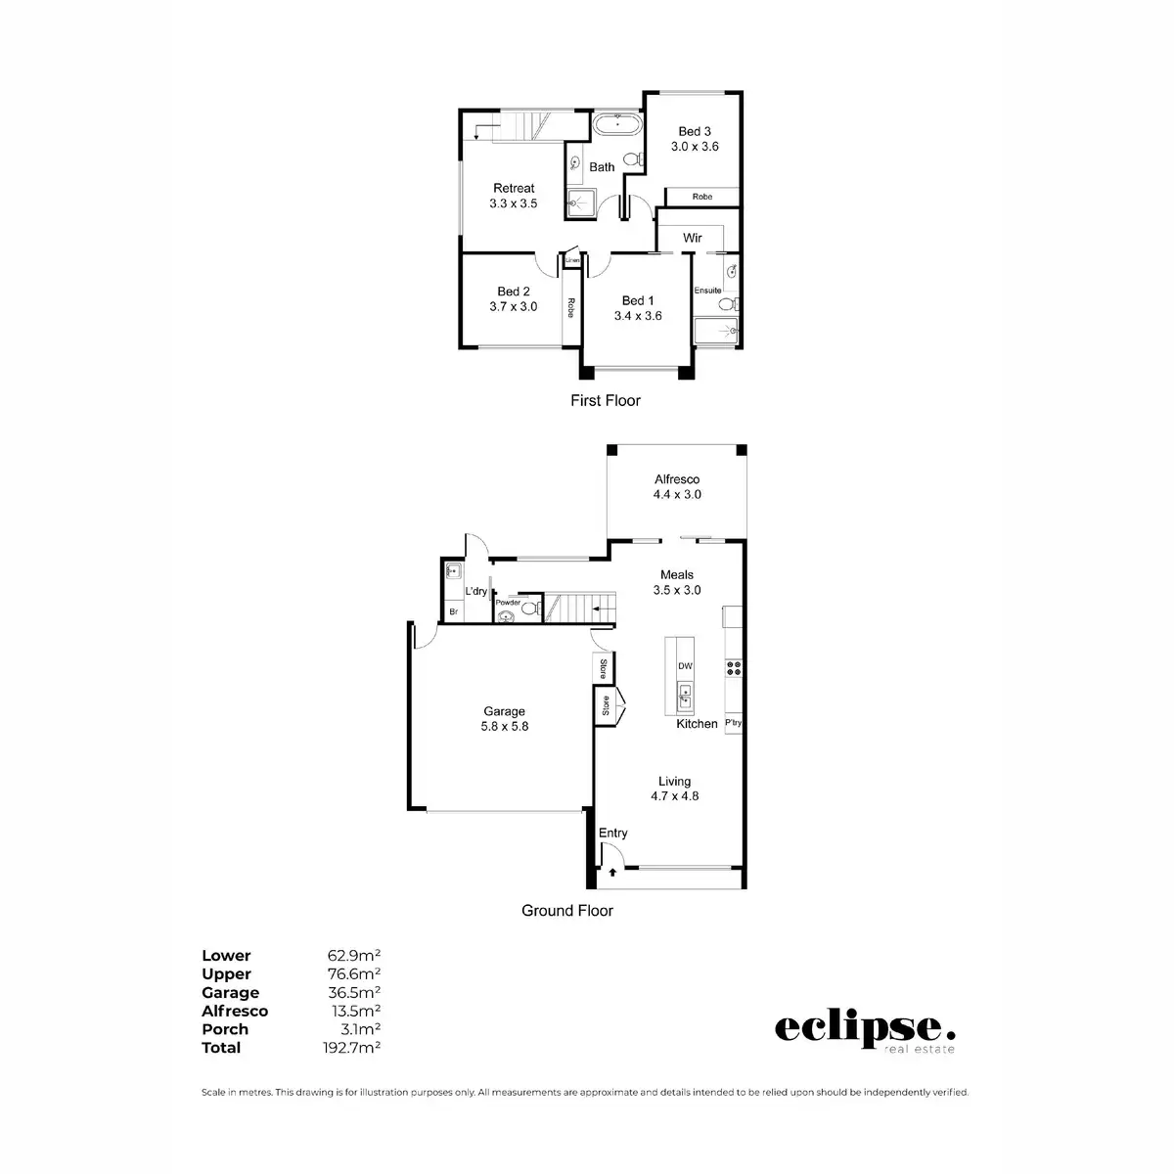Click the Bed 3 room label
click(x=695, y=131)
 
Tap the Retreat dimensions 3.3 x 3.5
click(x=514, y=203)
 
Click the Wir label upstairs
click(x=693, y=238)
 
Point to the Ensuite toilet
click(x=726, y=304)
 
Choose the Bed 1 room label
click(x=638, y=300)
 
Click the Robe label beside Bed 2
click(x=568, y=307)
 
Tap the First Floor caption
click(x=606, y=400)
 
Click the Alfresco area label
click(x=677, y=479)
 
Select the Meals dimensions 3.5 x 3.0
click(x=677, y=590)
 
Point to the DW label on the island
click(x=685, y=666)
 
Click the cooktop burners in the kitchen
click(x=733, y=668)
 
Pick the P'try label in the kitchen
click(x=733, y=724)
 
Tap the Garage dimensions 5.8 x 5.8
click(x=505, y=727)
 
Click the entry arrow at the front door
click(x=612, y=870)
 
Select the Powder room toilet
click(x=527, y=609)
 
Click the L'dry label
click(x=476, y=591)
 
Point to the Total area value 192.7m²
click(x=353, y=1047)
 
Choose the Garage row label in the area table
click(x=230, y=992)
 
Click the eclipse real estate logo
click(x=864, y=1031)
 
